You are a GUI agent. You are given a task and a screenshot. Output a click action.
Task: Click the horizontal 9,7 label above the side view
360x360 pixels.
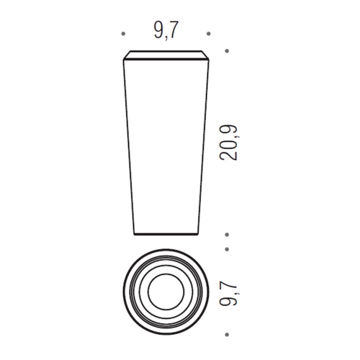coord(166,30)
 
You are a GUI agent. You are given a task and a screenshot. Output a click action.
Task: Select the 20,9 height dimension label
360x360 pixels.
coord(228,143)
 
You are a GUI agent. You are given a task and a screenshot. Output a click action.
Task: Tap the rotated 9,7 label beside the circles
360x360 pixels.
coord(228,292)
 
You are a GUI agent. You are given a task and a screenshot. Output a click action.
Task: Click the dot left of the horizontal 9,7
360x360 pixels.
coord(123,34)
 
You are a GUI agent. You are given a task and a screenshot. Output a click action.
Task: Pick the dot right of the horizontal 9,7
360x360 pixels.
coord(209,34)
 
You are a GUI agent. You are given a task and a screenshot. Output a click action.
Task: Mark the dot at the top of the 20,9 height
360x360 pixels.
coord(227,51)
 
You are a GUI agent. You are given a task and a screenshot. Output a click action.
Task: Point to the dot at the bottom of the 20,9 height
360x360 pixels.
coord(227,235)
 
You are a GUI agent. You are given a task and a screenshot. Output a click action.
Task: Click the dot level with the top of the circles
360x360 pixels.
coord(227,249)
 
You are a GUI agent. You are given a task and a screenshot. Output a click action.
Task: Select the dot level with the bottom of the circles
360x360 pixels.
coord(227,334)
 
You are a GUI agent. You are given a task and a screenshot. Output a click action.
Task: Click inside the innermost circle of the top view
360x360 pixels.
coord(166,292)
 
